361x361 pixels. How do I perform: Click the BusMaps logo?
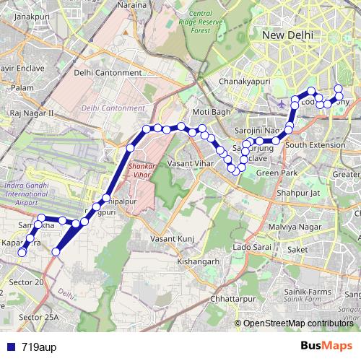331,346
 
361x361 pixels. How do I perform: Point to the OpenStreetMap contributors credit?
297,323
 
